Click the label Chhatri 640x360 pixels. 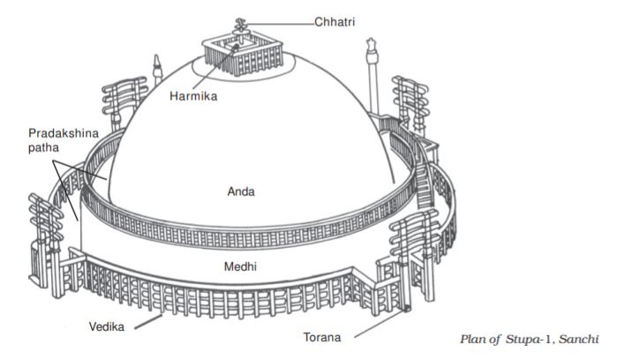pos(336,19)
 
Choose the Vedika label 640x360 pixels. pos(105,326)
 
